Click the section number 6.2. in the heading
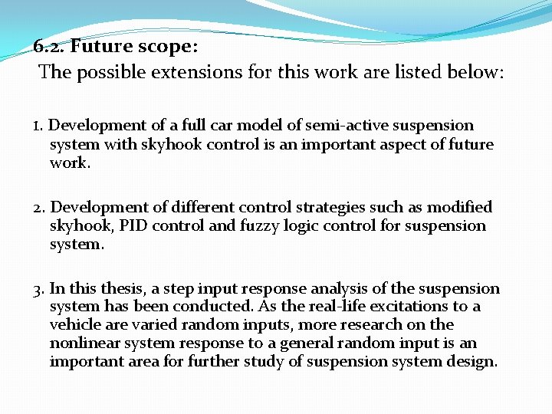coord(51,47)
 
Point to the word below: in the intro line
coord(472,73)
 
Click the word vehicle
coord(77,324)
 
